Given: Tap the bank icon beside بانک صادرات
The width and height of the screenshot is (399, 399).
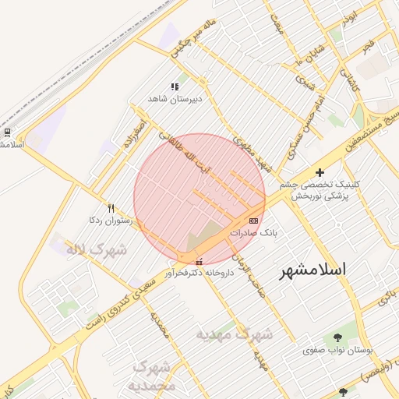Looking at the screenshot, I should pos(252,221).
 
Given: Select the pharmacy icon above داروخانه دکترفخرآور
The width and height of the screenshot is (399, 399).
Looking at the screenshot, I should pos(199,262).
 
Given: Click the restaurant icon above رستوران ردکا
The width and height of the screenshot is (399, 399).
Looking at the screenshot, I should pos(111,209).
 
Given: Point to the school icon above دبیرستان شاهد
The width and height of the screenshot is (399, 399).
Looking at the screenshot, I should pos(175,87).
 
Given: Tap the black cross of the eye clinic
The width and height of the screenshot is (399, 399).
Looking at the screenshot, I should pos(320,171).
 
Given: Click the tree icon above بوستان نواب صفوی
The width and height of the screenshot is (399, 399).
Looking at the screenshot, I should pos(337,337).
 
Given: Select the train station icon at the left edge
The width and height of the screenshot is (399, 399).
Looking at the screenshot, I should pos(7,132).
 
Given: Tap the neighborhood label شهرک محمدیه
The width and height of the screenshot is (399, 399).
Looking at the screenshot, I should pos(154,376).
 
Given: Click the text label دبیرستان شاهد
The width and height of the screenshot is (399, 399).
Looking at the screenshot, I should pos(175,99).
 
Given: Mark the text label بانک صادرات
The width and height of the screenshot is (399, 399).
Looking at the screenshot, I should pos(254,233).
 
